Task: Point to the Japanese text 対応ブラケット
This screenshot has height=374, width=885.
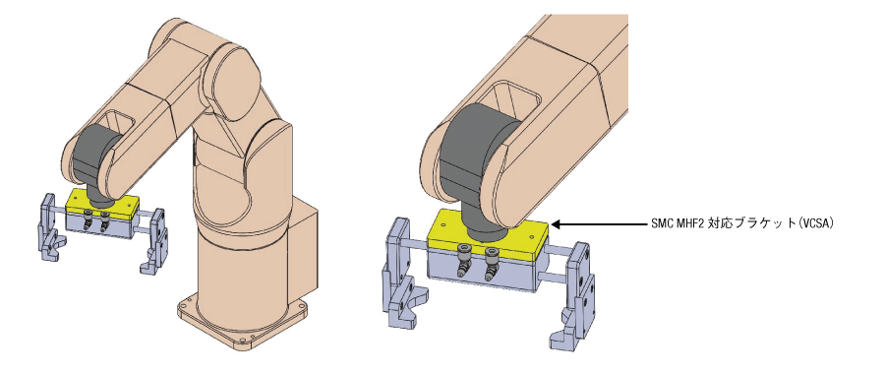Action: click(748, 223)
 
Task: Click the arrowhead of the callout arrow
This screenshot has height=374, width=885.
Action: click(556, 224)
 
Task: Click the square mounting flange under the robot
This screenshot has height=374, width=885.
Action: click(243, 324)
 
